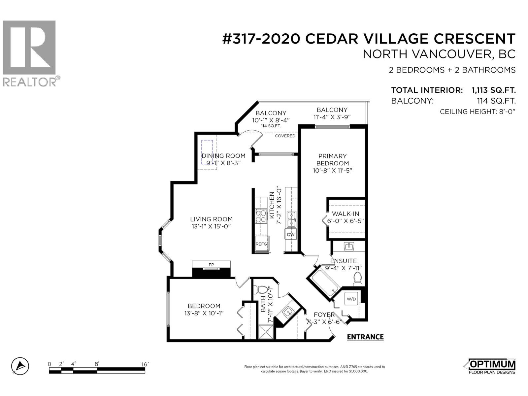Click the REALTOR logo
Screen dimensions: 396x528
tap(30, 53)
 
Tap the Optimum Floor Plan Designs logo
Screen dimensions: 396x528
tap(492, 366)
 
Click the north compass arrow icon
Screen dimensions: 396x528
tap(20, 366)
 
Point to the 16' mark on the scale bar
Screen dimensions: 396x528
tap(145, 364)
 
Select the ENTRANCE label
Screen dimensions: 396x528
tap(365, 337)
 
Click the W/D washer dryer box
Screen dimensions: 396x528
tap(351, 299)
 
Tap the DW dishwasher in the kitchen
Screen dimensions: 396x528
tap(290, 235)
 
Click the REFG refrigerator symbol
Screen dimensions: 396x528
tap(261, 244)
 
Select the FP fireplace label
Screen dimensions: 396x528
tap(211, 265)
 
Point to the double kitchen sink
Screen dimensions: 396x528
tap(291, 219)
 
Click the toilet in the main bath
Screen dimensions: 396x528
tap(262, 289)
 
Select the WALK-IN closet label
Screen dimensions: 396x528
tap(346, 214)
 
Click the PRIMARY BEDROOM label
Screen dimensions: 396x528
tap(332, 159)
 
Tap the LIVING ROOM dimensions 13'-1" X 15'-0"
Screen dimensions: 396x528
tap(211, 226)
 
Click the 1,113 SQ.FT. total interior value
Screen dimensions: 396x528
tap(494, 90)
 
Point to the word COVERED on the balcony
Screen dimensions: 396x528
tap(285, 136)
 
